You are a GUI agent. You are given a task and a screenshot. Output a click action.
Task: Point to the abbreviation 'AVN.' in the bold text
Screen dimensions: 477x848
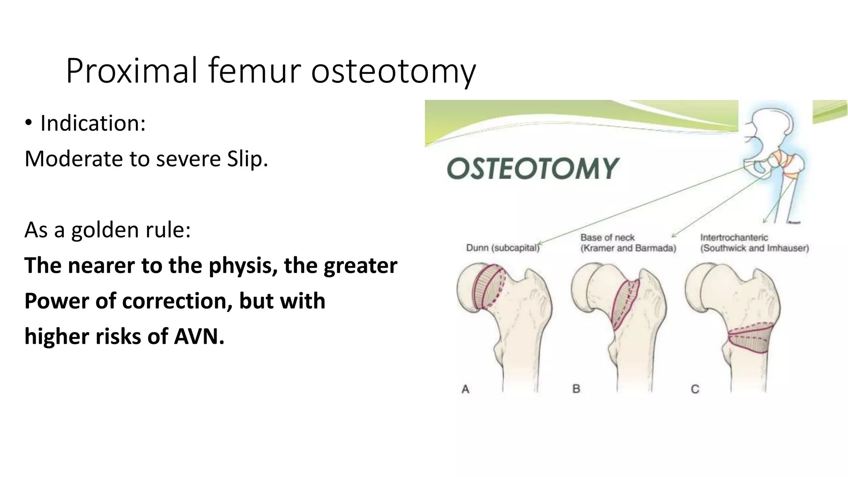tap(199, 336)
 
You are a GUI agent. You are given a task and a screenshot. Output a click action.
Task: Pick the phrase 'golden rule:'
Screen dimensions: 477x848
tap(131, 230)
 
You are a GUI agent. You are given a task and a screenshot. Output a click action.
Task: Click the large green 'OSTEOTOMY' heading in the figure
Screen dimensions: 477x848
tap(532, 169)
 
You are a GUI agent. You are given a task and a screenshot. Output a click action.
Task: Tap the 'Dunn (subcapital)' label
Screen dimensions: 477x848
tap(503, 248)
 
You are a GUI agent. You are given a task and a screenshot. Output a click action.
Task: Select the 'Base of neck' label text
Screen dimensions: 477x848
tap(607, 238)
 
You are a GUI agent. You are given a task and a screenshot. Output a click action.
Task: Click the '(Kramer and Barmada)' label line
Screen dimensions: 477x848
tap(628, 248)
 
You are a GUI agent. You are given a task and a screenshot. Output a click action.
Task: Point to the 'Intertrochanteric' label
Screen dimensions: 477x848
tap(734, 238)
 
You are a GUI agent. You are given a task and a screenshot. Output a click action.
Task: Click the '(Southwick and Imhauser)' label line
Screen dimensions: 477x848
tap(754, 248)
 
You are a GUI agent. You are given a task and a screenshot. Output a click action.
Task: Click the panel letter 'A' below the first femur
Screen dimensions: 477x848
tap(465, 389)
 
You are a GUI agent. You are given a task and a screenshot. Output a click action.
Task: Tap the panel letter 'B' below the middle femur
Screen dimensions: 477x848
tap(576, 389)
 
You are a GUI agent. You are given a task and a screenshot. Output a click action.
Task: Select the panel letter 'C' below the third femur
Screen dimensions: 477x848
tap(695, 389)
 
